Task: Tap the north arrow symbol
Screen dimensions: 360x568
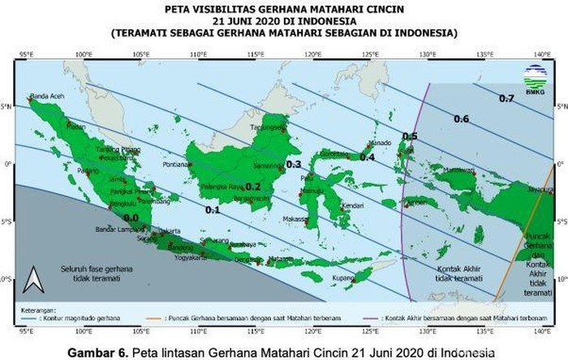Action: (32, 280)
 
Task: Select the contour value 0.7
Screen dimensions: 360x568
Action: (506, 99)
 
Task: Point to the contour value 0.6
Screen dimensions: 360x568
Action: (461, 119)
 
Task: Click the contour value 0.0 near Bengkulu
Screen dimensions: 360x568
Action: (131, 217)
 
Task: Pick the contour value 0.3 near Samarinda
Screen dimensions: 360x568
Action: (294, 164)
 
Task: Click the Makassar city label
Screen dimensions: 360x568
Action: (294, 218)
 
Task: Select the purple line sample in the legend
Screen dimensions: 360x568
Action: (374, 308)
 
